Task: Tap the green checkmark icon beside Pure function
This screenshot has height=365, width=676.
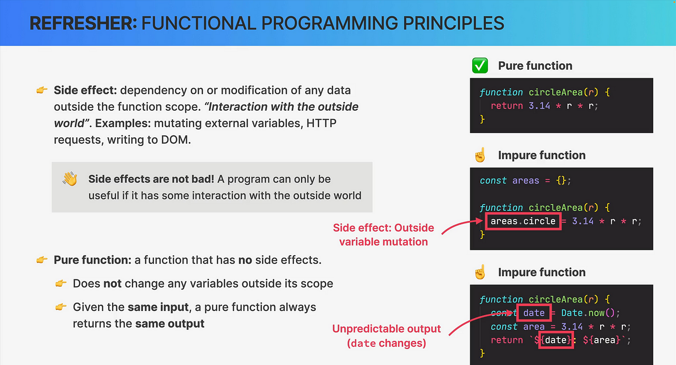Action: point(480,66)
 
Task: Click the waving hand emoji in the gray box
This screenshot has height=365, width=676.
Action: point(70,178)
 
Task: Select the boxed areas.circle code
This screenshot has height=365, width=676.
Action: point(523,221)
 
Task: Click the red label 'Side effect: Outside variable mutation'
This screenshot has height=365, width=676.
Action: point(383,234)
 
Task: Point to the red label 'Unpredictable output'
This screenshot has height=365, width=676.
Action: point(387,328)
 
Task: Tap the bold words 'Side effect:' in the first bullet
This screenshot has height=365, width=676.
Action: point(85,90)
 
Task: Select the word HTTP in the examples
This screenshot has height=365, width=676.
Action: point(322,123)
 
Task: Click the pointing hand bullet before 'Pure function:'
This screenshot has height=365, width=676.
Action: point(42,260)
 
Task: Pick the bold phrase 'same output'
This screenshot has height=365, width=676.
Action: point(169,323)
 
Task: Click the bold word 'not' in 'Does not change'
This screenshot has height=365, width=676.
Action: point(112,284)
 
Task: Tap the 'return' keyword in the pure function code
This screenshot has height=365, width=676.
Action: point(507,106)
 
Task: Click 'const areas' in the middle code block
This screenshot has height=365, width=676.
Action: point(509,180)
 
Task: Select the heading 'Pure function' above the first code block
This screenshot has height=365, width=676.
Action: point(535,66)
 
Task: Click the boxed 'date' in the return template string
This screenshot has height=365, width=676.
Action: point(556,340)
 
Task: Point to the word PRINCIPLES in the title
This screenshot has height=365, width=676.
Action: point(453,23)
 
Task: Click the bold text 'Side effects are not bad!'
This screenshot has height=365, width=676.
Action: point(151,179)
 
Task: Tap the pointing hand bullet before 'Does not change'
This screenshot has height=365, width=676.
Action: point(61,283)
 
